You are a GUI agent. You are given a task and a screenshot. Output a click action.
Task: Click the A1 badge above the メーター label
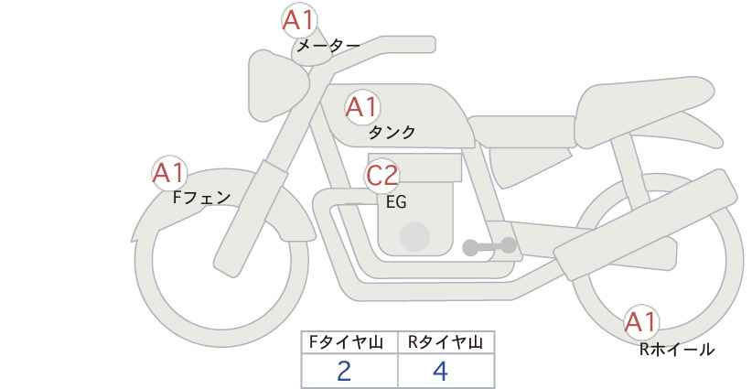click(298, 21)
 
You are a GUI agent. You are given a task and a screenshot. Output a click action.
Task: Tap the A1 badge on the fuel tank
click(362, 107)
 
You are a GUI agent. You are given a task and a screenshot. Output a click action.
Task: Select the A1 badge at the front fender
click(169, 173)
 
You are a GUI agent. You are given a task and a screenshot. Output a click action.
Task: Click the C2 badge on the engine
click(381, 176)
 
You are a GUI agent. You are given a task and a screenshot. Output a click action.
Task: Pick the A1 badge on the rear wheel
click(641, 322)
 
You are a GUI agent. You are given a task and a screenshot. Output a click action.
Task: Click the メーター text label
click(328, 46)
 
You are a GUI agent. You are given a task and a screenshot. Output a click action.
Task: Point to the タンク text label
click(392, 133)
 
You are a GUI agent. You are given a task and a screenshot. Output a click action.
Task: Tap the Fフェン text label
click(201, 198)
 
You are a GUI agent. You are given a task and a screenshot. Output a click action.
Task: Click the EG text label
click(396, 202)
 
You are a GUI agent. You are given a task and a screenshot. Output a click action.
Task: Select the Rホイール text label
click(677, 350)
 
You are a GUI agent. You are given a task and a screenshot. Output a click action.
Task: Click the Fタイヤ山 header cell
click(349, 342)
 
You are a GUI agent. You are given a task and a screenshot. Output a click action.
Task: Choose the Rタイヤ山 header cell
click(446, 342)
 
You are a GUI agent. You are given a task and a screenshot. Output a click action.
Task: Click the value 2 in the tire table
click(344, 371)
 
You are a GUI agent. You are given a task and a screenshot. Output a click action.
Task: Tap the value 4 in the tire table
click(440, 371)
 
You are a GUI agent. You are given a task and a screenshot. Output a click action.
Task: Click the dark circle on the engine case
click(414, 236)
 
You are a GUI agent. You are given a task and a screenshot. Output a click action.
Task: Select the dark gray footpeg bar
click(489, 246)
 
